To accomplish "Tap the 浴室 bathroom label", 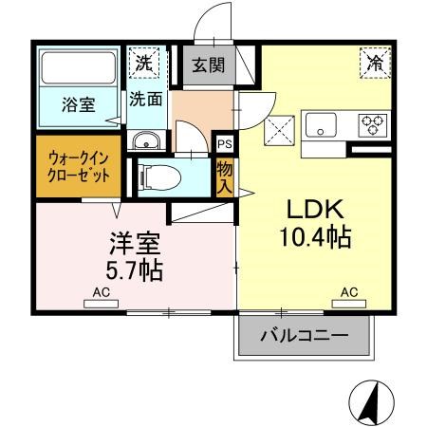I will [x=78, y=105].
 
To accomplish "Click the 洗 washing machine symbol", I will [x=143, y=65].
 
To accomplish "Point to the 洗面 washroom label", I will [x=145, y=98].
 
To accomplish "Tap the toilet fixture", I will [x=161, y=176].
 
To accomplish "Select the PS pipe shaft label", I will [x=224, y=144].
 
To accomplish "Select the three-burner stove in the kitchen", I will [x=370, y=123].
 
